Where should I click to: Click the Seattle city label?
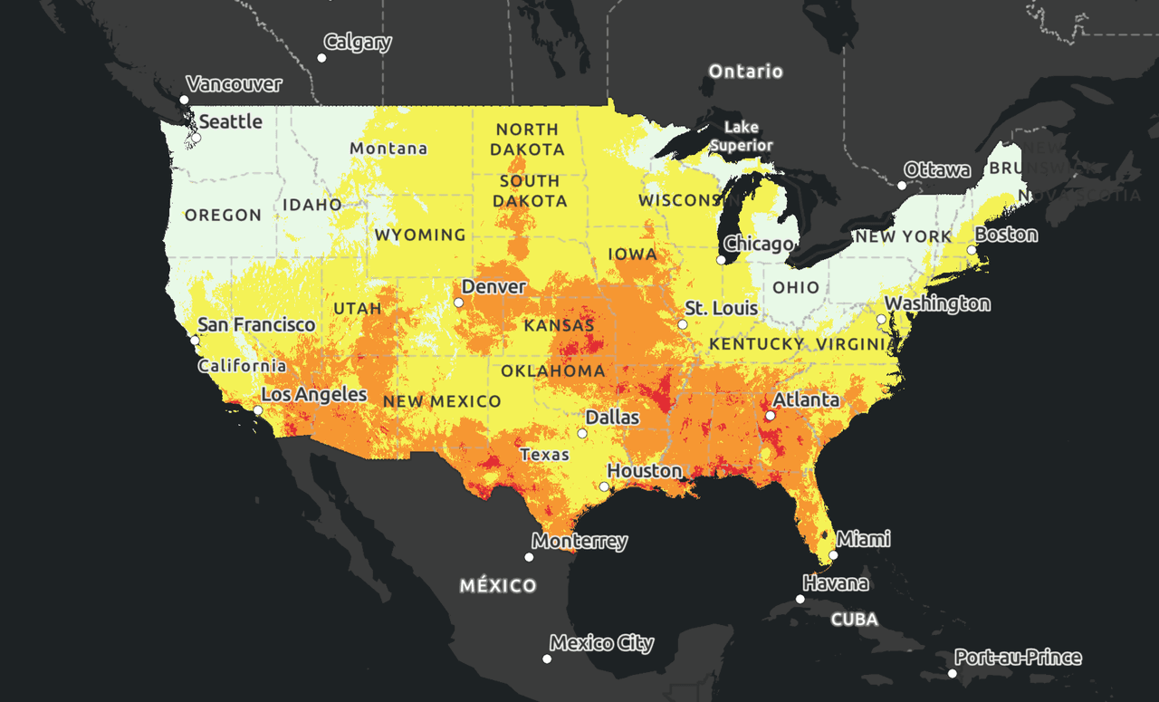[230, 121]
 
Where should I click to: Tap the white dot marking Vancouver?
[184, 100]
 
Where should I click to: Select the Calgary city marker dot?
[321, 58]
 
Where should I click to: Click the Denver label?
[493, 287]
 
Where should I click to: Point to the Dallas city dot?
[582, 433]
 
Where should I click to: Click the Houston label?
[644, 471]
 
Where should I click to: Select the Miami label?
[863, 539]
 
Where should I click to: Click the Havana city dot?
[800, 599]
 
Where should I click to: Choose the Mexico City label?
[601, 643]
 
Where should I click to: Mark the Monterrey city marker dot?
[529, 557]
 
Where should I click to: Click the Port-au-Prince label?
[1018, 658]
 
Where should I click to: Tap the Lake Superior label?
[742, 136]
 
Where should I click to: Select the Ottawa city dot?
[902, 186]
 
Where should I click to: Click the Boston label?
[1006, 235]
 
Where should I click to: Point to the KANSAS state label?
[559, 325]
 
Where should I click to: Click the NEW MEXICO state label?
[441, 401]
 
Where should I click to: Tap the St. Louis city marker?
[683, 324]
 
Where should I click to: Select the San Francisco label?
[256, 324]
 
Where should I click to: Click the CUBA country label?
[855, 620]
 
